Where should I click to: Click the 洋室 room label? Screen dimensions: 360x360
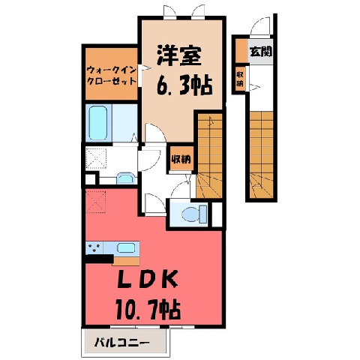(179, 55)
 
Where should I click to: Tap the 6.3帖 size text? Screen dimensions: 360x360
(184, 85)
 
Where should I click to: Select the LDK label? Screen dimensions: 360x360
(148, 279)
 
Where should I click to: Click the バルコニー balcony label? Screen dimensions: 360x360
(121, 342)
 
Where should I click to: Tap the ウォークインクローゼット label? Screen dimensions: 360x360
(112, 76)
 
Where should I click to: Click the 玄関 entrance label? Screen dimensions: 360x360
(261, 52)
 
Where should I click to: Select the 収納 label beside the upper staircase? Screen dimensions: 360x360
(181, 159)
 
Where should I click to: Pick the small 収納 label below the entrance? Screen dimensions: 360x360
(240, 79)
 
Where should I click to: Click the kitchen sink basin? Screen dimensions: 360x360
(126, 247)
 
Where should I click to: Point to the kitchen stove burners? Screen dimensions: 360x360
(94, 247)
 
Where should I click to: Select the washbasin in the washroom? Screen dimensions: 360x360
(126, 178)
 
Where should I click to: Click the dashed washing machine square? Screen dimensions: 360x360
(96, 158)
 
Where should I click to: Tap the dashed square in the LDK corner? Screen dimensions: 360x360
(96, 202)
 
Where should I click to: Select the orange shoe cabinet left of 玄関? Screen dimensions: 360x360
(241, 50)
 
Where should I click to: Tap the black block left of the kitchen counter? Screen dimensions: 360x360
(99, 259)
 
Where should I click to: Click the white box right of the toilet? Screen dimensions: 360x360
(217, 214)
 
